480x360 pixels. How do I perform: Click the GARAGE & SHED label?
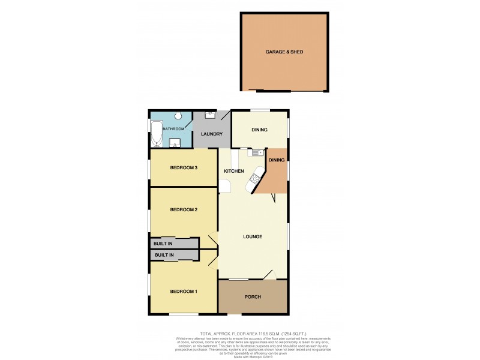[x=284, y=52]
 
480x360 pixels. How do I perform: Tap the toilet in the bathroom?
[x=178, y=116]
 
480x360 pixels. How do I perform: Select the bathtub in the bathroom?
[x=157, y=133]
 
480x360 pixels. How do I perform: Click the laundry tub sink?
[x=210, y=114]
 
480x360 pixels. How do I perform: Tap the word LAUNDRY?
[x=212, y=134]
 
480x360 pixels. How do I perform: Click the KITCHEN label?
[x=234, y=172]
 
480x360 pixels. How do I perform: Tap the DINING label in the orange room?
[x=277, y=160]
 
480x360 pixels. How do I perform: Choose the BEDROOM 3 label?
[x=184, y=167]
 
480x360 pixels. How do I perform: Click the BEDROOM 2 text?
[x=184, y=209]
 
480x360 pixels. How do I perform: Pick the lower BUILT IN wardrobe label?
[x=164, y=256]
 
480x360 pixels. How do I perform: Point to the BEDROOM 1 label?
[x=184, y=292]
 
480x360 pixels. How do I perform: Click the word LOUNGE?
[x=253, y=236]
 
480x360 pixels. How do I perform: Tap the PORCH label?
[x=253, y=297]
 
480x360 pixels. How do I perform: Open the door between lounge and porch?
[x=268, y=275]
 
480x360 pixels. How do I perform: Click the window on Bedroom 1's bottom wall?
[x=184, y=314]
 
